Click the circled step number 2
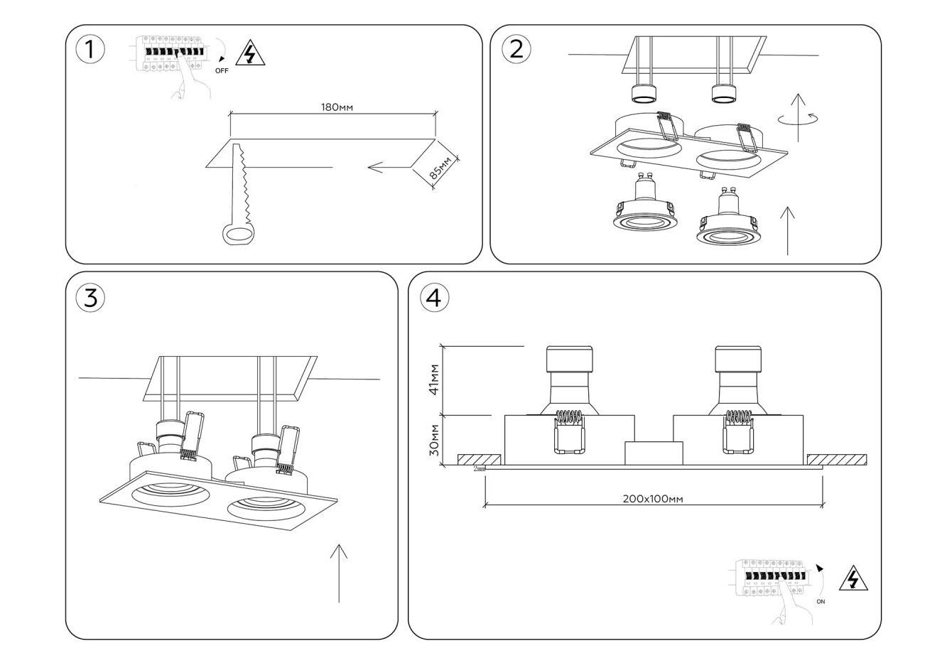[x=516, y=48]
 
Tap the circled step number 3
[x=90, y=298]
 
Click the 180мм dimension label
[x=337, y=108]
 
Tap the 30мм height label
[x=435, y=441]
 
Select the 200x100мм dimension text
[x=652, y=499]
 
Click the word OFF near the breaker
[x=222, y=71]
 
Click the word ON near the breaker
[x=821, y=602]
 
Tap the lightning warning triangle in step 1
[x=249, y=54]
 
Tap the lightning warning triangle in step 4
[x=853, y=580]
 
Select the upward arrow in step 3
[x=339, y=573]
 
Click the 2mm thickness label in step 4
[x=479, y=469]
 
